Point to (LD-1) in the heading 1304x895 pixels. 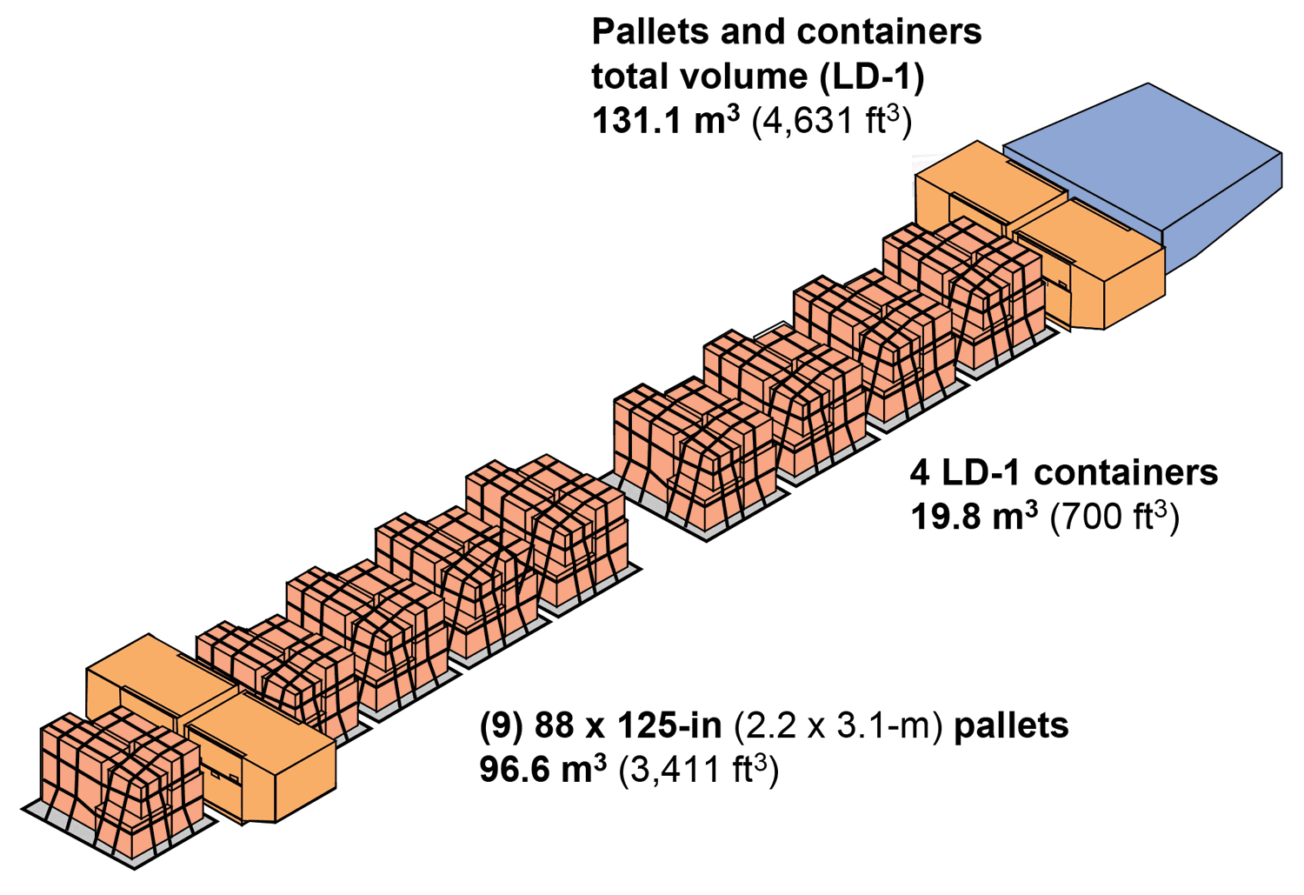coord(871,77)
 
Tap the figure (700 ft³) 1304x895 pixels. coord(1114,518)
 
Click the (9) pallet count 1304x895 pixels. coord(501,725)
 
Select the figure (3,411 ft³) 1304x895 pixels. coord(698,770)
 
